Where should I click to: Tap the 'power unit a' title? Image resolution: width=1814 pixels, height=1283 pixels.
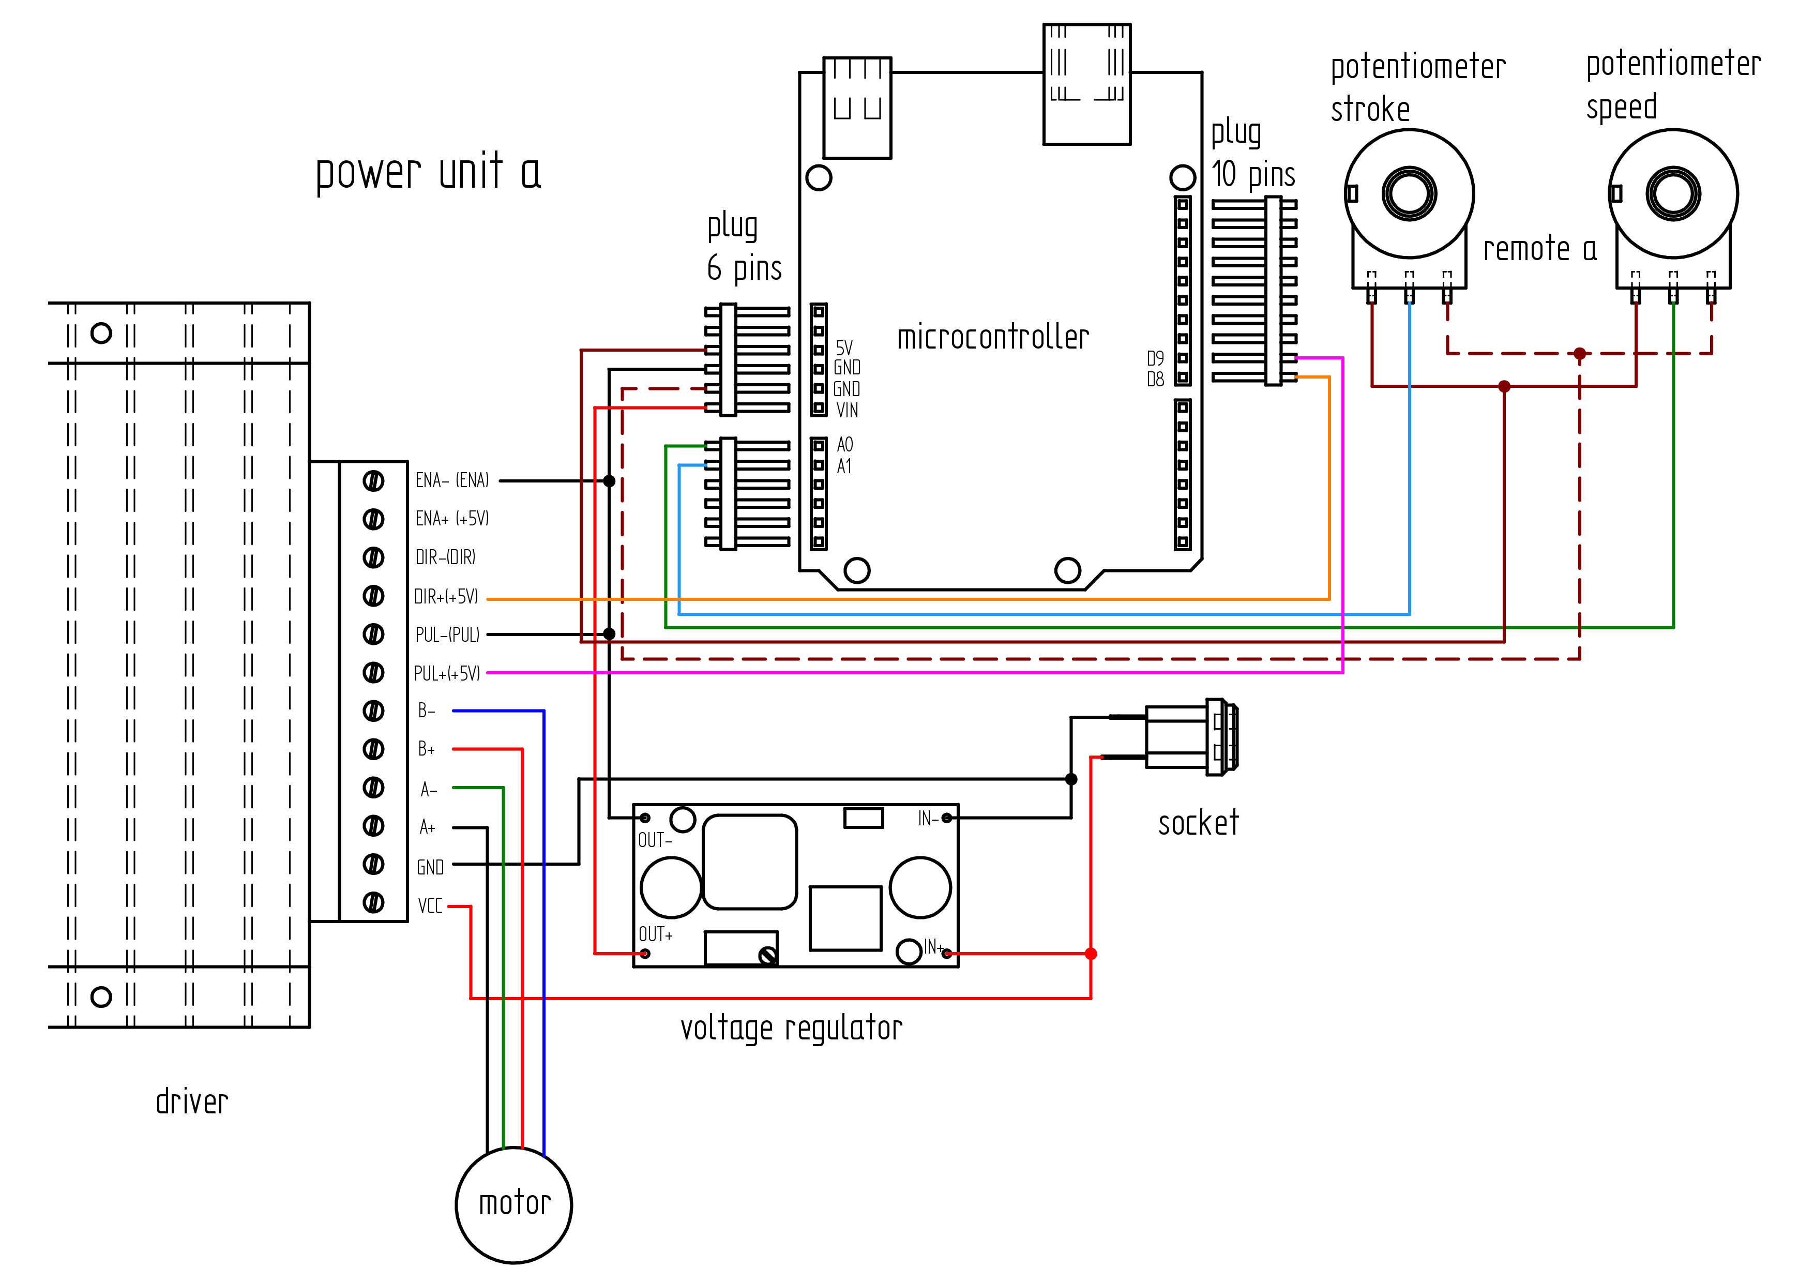coord(428,172)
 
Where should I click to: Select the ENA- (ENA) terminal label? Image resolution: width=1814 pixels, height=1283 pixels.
coord(452,480)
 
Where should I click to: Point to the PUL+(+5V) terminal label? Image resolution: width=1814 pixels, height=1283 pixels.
coord(447,673)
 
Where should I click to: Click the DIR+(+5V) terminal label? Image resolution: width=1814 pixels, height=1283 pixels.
coord(446,596)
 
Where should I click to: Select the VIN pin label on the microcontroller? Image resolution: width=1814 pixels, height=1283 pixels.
coord(847,410)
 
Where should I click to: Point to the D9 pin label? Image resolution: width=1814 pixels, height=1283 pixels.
coord(1155,358)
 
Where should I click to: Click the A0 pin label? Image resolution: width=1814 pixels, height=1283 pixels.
coord(844,445)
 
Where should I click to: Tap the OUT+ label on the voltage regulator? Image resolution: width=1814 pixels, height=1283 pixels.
coord(656,934)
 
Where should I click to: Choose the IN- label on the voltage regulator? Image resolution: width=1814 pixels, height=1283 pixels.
coord(928,819)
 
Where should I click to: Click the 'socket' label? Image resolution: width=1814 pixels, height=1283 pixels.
coord(1198,823)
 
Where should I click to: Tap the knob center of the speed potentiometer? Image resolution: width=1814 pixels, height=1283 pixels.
coord(1673,193)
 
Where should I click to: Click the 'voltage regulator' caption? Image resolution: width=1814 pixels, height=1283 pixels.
coord(791,1029)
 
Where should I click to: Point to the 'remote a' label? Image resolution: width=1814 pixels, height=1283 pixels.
coord(1540,249)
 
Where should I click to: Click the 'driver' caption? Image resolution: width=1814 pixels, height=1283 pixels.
coord(192,1101)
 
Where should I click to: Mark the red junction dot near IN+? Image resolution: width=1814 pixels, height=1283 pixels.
coord(1091,954)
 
